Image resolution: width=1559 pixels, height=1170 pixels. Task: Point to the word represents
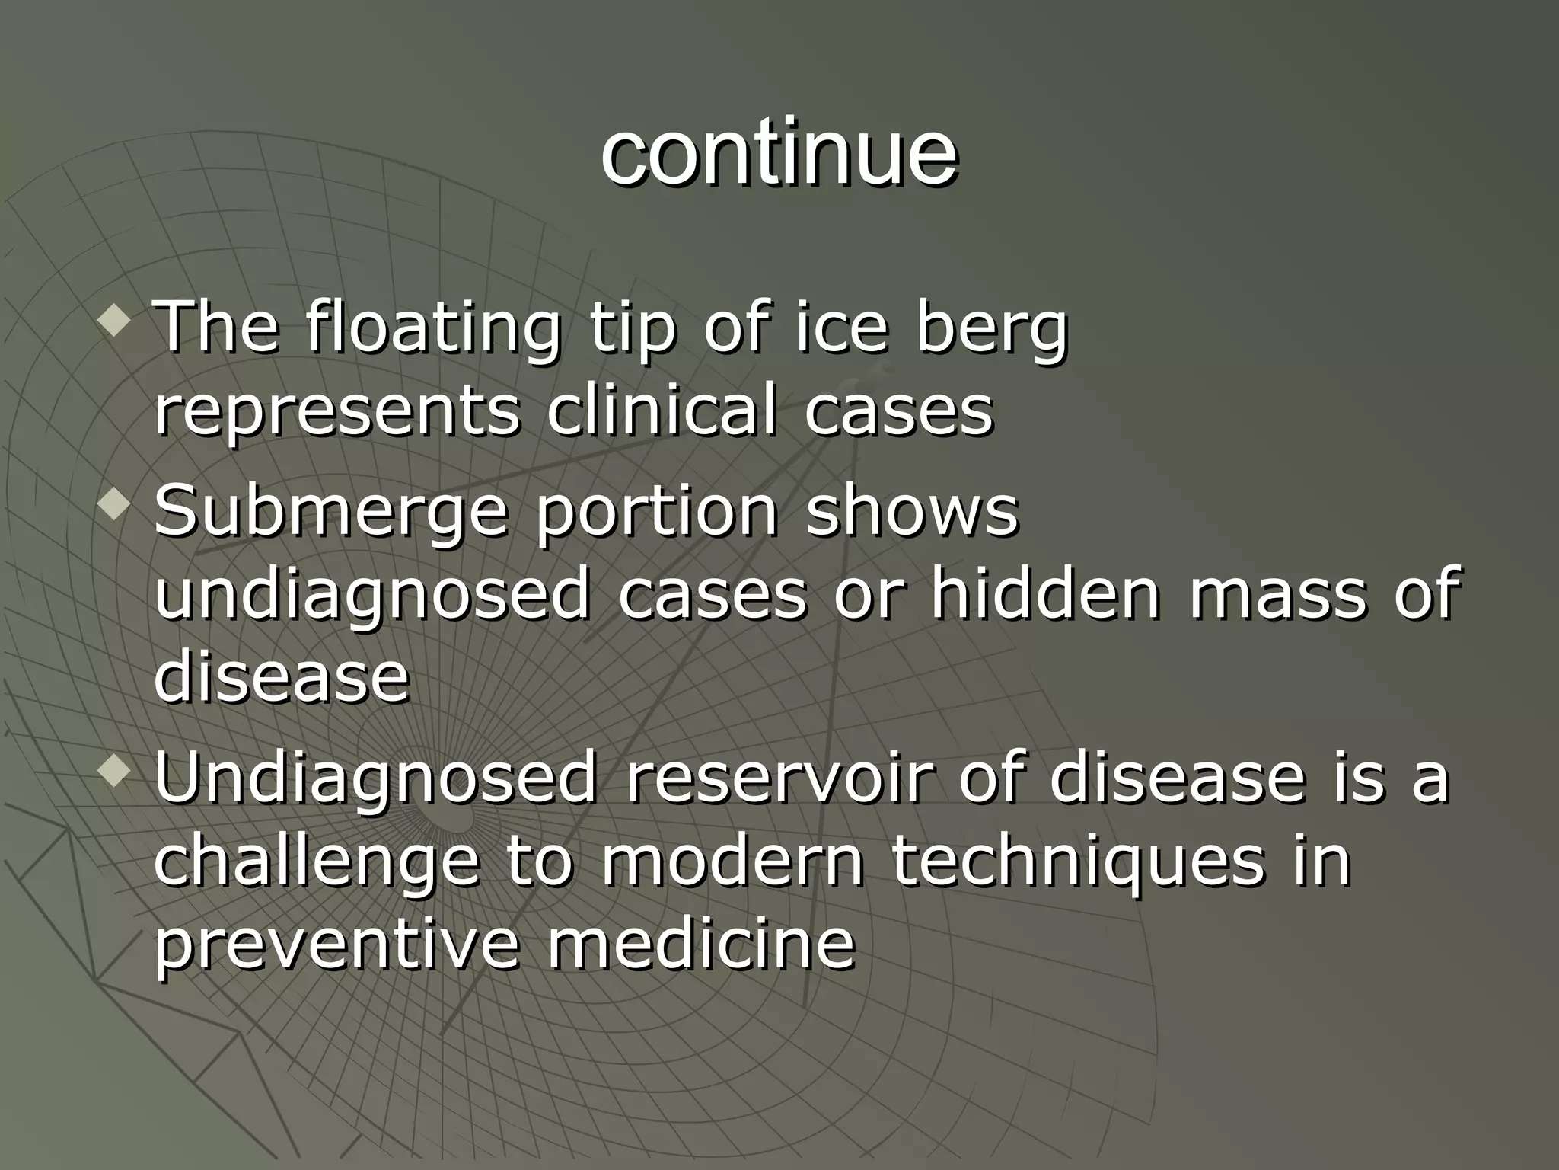point(337,411)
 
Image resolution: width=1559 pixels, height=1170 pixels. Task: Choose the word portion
point(656,512)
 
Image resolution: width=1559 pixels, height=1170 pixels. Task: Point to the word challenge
point(317,862)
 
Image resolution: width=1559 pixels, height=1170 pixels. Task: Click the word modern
point(732,861)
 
